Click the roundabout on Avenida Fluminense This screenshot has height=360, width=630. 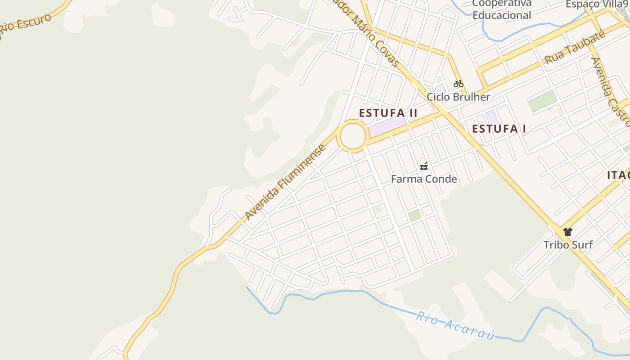pyautogui.click(x=353, y=135)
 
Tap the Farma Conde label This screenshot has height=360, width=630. pyautogui.click(x=424, y=179)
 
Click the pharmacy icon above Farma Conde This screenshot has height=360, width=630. pyautogui.click(x=423, y=166)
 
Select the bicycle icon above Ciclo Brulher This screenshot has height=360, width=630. pyautogui.click(x=458, y=84)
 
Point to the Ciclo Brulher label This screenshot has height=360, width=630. pyautogui.click(x=458, y=97)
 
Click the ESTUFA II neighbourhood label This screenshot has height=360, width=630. pyautogui.click(x=388, y=113)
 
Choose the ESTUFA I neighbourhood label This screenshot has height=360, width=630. pyautogui.click(x=499, y=129)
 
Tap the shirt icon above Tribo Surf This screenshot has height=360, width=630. pyautogui.click(x=568, y=232)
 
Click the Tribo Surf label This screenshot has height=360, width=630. pyautogui.click(x=568, y=245)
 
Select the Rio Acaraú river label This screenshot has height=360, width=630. pyautogui.click(x=455, y=326)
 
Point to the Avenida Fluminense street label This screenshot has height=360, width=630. pyautogui.click(x=285, y=182)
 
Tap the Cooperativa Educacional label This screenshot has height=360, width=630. pyautogui.click(x=502, y=9)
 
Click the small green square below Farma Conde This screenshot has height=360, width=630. pyautogui.click(x=414, y=215)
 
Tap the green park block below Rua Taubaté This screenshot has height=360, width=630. pyautogui.click(x=542, y=101)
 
